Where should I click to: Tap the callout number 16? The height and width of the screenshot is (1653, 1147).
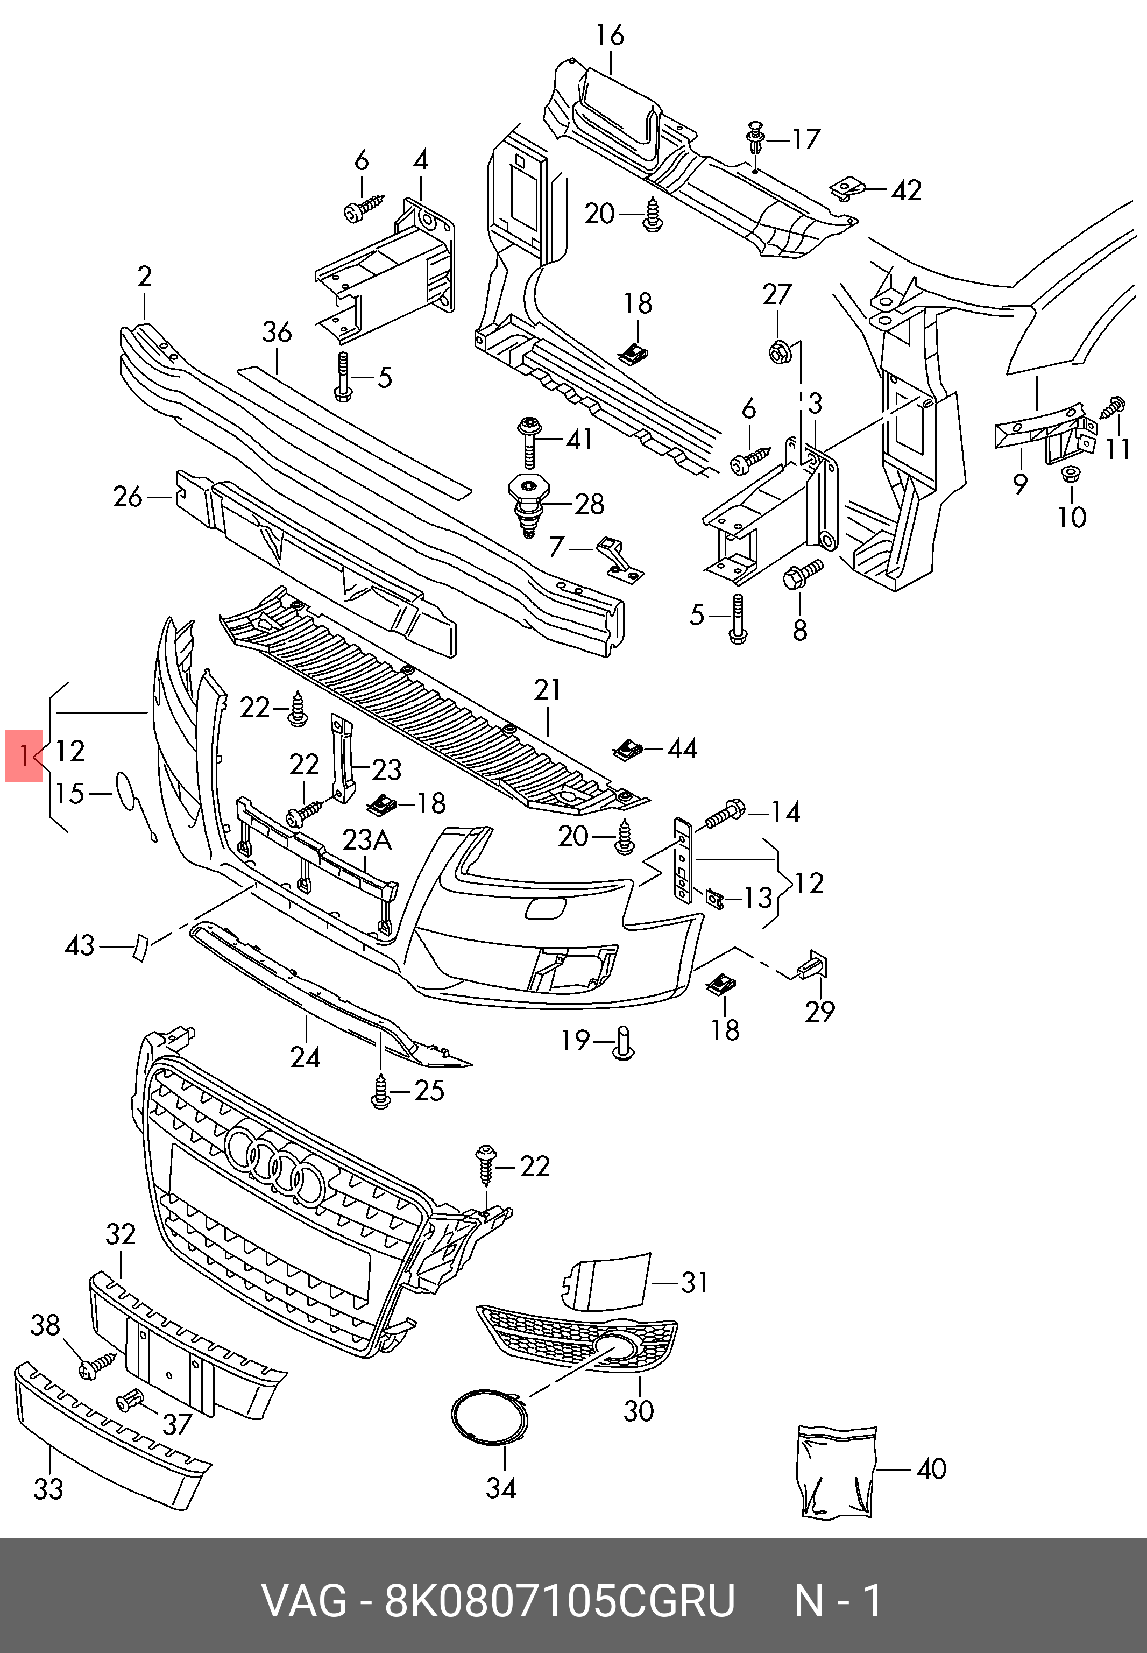[610, 35]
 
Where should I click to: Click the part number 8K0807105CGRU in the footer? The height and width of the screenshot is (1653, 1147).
[560, 1600]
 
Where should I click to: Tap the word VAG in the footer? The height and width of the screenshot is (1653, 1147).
[304, 1600]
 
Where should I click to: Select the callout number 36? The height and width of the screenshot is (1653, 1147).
[277, 332]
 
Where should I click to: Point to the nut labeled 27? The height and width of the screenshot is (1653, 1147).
[780, 352]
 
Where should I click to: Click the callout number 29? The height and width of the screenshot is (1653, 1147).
[819, 1012]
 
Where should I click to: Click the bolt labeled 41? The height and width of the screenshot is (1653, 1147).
[528, 441]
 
